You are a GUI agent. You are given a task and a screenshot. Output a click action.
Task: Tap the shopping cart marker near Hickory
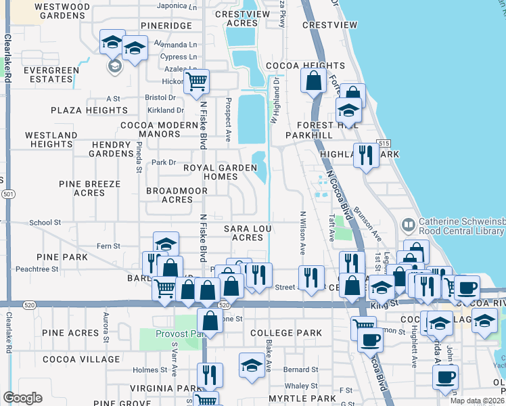pyautogui.click(x=197, y=83)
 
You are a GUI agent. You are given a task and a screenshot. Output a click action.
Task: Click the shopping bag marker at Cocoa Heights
pyautogui.click(x=315, y=81)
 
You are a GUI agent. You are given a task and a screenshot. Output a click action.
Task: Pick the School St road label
pyautogui.click(x=45, y=222)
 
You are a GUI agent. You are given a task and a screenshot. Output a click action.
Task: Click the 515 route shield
pyautogui.click(x=384, y=143)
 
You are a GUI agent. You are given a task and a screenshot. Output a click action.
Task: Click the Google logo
pyautogui.click(x=22, y=397)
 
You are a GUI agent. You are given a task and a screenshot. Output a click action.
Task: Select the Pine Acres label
pyautogui.click(x=70, y=333)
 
